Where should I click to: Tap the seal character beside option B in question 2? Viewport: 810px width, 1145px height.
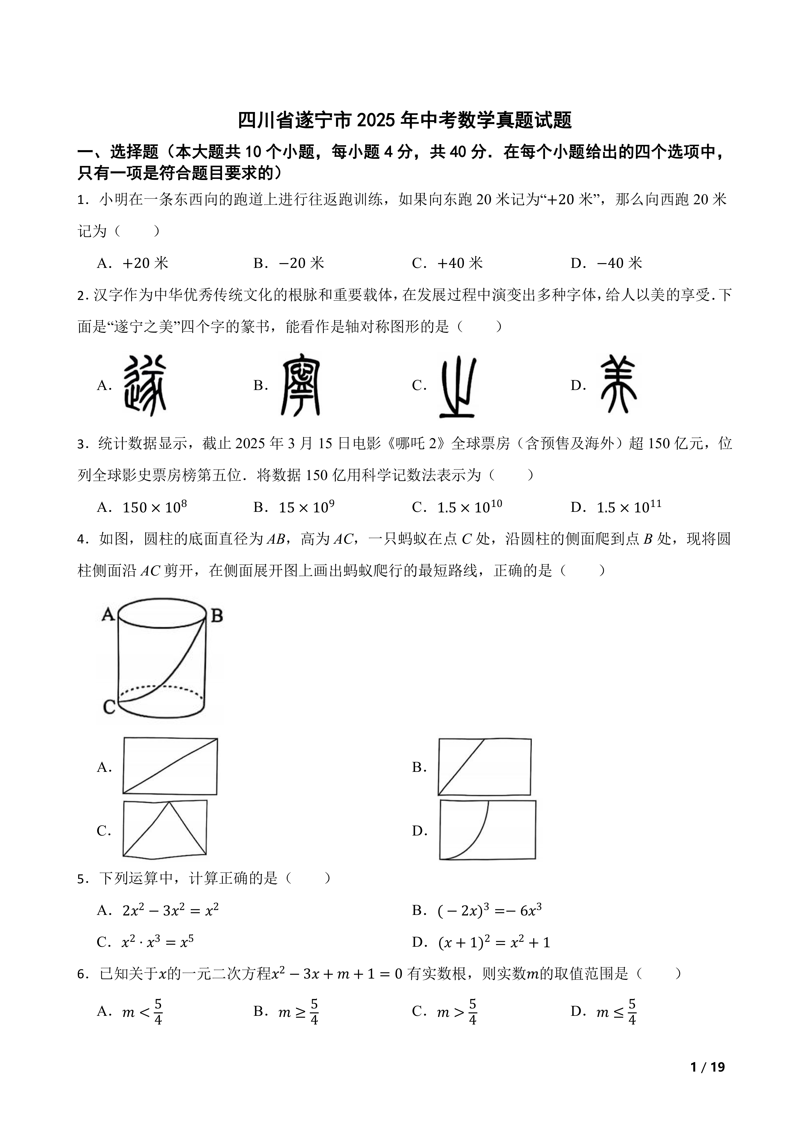click(x=301, y=385)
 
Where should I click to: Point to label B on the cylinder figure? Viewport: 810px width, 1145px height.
click(x=217, y=616)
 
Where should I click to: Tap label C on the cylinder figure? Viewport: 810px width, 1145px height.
click(x=109, y=706)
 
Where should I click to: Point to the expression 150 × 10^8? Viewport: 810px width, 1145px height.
click(x=155, y=507)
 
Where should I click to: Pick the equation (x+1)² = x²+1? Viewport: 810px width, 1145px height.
click(x=494, y=942)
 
